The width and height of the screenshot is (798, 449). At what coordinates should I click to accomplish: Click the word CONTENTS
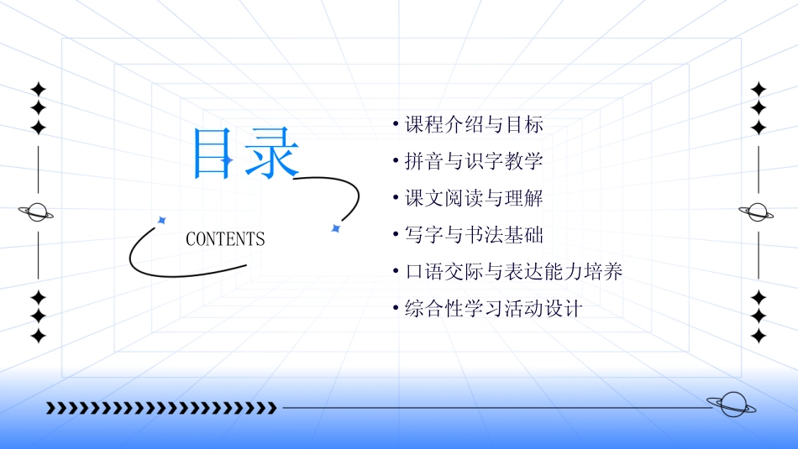pos(225,239)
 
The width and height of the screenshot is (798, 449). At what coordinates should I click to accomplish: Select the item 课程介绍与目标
pos(474,126)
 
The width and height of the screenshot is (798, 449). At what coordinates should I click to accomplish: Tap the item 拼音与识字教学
pos(474,162)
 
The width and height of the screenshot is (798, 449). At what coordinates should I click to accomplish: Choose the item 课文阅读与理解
pos(474,199)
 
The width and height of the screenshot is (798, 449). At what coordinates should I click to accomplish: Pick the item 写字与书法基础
pos(474,235)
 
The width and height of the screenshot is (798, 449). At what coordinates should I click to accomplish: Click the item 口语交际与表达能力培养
pos(513,272)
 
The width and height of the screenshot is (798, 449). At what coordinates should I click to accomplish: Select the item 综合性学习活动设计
pos(493,308)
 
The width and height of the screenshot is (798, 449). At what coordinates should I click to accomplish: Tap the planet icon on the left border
pos(36,211)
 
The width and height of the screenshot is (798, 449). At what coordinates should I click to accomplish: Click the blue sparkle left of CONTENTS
pos(162,220)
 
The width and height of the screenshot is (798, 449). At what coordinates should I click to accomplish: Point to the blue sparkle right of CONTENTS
pos(335,228)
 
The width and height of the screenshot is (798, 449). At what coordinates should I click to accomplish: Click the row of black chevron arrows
pos(161,408)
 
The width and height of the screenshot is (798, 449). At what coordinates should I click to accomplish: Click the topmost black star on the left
pos(38,89)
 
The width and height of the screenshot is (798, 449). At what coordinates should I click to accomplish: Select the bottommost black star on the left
pos(38,336)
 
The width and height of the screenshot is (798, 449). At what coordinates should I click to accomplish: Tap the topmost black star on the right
pos(759,89)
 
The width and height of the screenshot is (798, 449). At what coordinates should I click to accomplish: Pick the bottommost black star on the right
pos(759,336)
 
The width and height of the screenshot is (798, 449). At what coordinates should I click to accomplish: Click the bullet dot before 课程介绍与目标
pos(395,125)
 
